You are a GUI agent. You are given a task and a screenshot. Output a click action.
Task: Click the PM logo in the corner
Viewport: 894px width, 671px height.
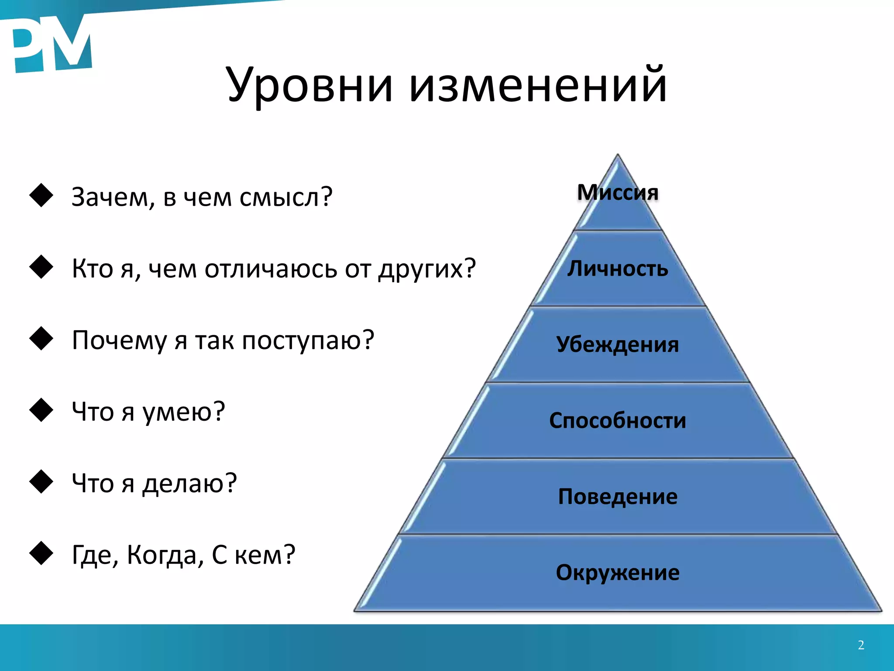coord(50,46)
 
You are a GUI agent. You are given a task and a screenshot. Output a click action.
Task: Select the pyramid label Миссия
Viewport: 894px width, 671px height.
coord(618,192)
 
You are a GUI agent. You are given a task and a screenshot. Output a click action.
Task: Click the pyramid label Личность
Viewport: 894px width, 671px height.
coord(618,268)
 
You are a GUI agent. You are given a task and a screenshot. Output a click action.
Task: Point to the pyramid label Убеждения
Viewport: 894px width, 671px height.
coord(618,344)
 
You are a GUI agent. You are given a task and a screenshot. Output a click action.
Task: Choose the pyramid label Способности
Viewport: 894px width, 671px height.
coord(618,420)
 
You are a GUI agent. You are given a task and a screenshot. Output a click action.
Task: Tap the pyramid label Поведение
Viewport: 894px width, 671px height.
coord(618,496)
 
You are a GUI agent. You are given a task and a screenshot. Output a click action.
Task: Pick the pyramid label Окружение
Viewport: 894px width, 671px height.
coord(618,572)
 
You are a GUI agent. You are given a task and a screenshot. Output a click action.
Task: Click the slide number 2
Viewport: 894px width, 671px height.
coord(861,645)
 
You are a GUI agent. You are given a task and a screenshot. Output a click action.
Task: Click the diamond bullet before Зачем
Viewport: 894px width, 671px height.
coord(41,195)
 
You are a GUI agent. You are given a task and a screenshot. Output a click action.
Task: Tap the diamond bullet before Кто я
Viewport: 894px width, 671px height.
coord(41,267)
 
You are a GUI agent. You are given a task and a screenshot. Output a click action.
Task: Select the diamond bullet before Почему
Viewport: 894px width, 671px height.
coord(41,339)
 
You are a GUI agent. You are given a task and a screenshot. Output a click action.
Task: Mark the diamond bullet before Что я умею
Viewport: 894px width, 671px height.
coord(41,410)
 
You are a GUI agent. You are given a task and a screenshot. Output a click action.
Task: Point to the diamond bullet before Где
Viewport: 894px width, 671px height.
coord(41,553)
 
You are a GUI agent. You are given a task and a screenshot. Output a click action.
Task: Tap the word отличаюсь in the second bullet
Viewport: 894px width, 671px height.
coord(271,269)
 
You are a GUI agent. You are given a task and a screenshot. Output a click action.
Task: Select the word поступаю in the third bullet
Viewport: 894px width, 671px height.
coord(308,341)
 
